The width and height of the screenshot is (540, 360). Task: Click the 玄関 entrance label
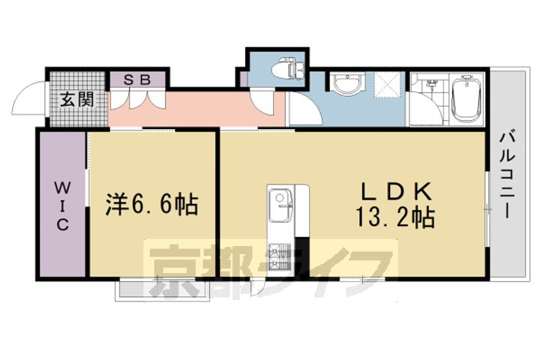coord(77,98)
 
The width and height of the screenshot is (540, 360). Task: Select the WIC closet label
coord(61,203)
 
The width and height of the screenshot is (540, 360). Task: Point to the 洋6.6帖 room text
coord(151,203)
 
